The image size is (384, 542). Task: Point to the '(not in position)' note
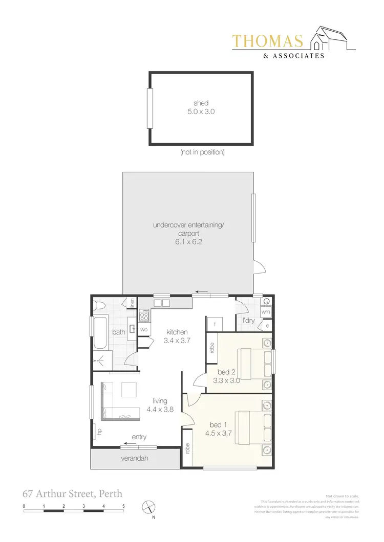point(202,152)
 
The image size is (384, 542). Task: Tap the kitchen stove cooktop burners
point(144,316)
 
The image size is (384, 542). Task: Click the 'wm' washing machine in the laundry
point(265,311)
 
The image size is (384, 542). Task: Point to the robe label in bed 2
point(211,348)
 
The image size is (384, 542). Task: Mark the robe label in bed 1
point(188,448)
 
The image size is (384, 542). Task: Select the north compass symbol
point(148,507)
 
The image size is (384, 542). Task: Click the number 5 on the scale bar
point(123,506)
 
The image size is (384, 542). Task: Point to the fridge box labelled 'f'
point(214,324)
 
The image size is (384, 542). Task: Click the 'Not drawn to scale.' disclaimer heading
point(343,496)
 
